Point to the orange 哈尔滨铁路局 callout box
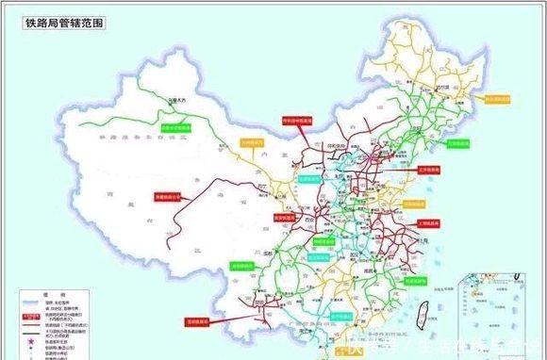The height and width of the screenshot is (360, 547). (496, 97)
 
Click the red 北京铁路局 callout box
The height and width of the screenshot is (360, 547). (428, 171)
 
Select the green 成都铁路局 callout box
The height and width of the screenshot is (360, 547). (244, 266)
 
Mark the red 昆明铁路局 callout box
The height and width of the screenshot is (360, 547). (197, 319)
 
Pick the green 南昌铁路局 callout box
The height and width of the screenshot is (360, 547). (413, 280)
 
